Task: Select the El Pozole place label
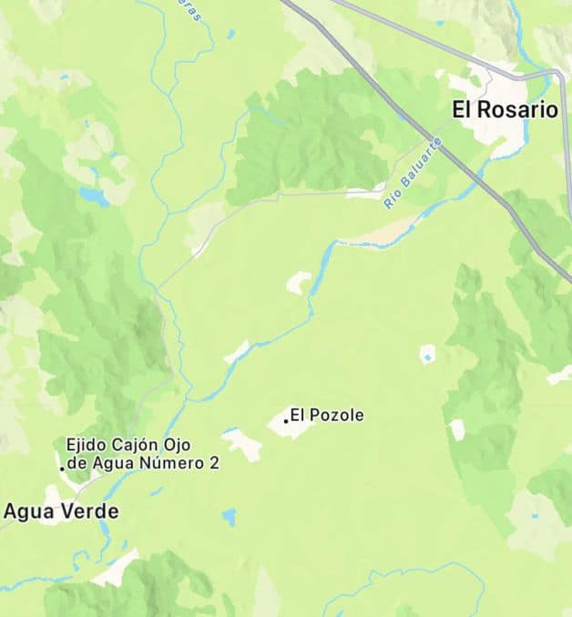pos(327,416)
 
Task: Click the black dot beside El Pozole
pos(286,420)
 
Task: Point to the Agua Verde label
pos(61,511)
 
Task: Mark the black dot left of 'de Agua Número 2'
pos(62,468)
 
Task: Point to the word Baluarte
pos(421,163)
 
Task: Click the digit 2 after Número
pos(214,463)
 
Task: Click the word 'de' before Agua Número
pos(76,463)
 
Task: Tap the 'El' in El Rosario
pos(462,110)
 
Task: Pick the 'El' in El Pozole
pos(297,416)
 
